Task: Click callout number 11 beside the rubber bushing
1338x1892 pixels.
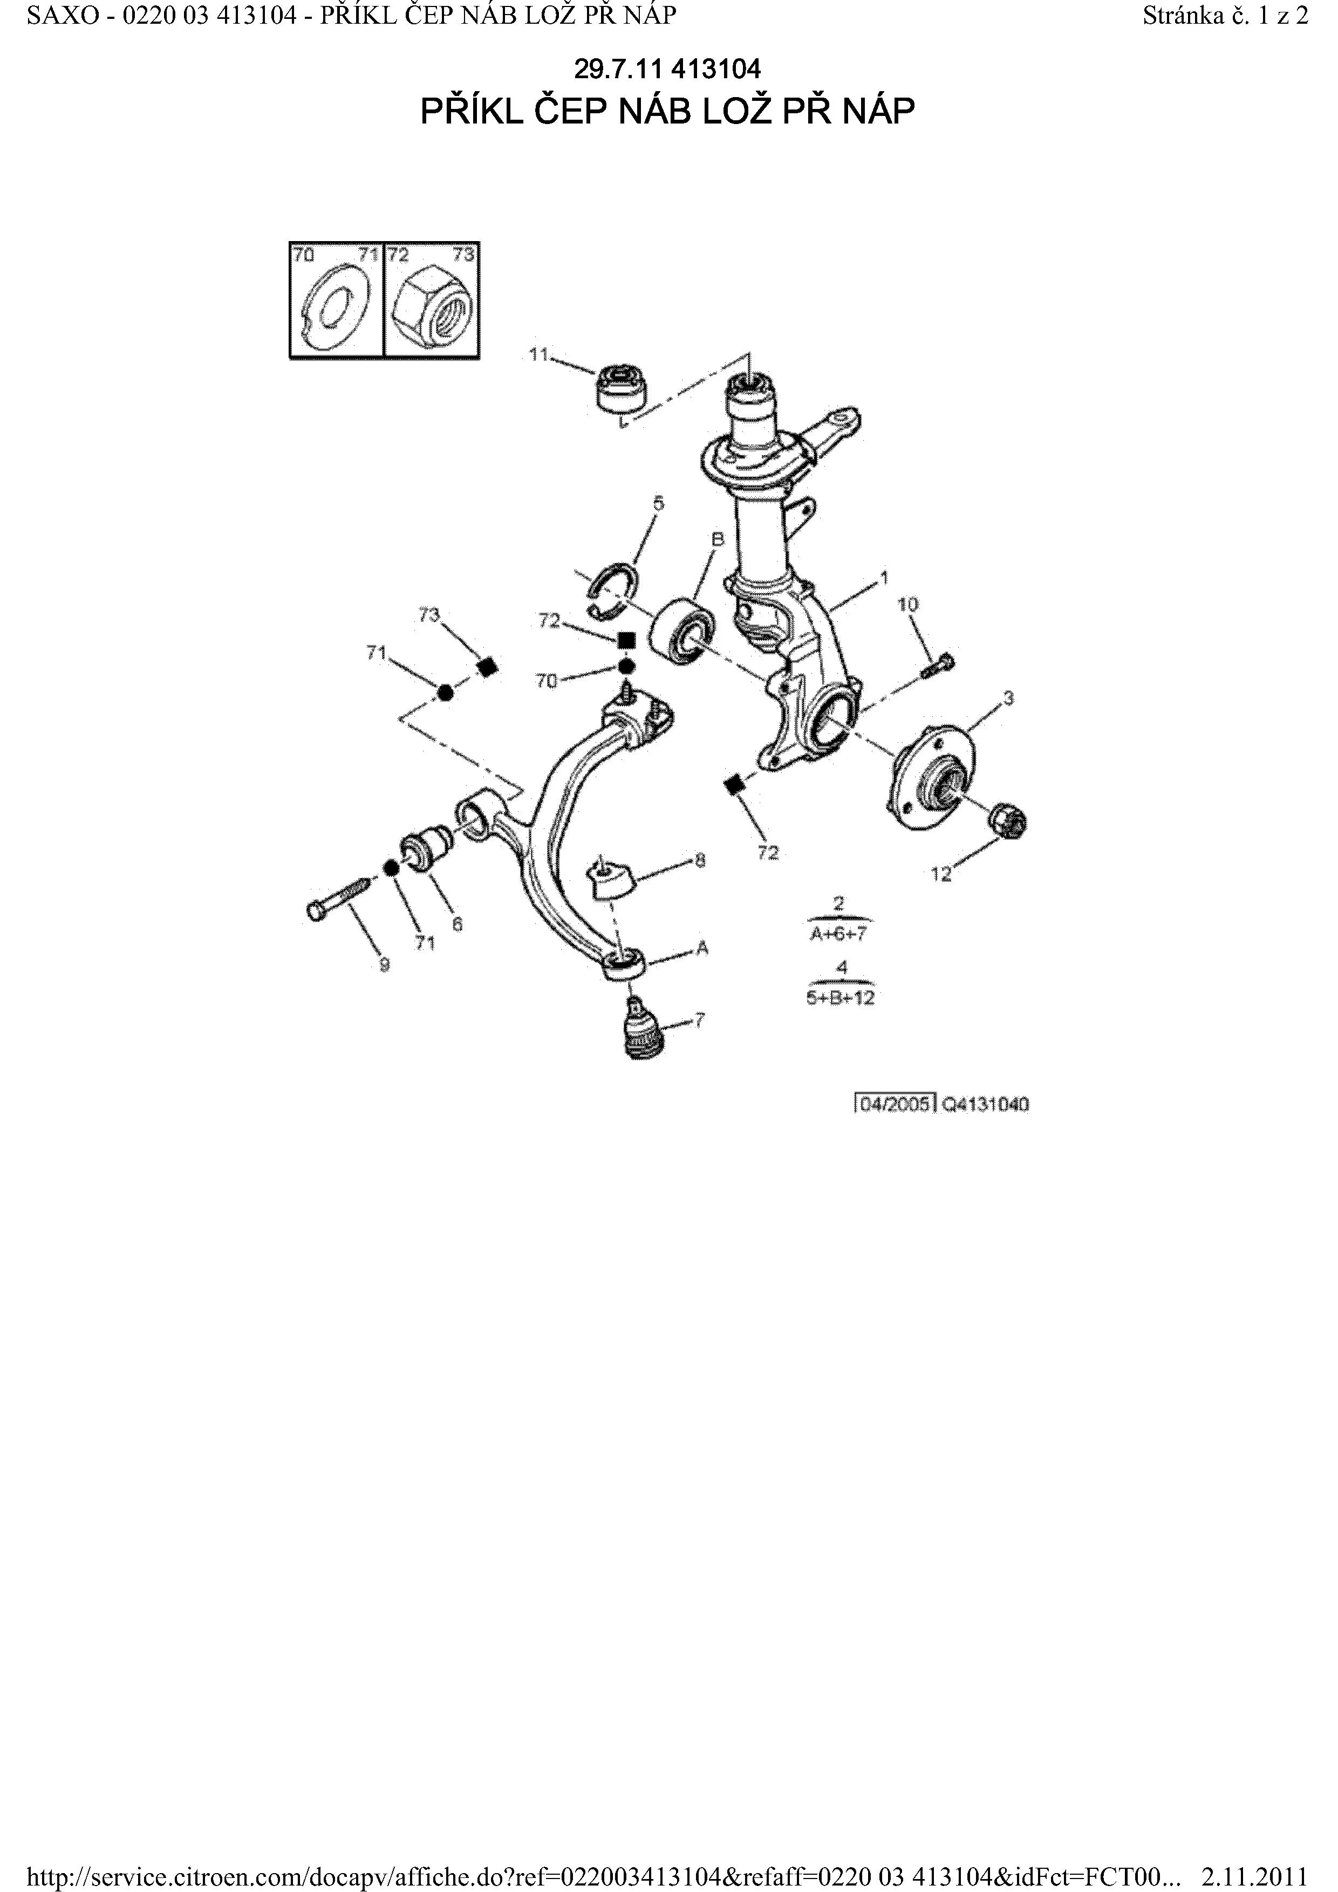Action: click(x=538, y=354)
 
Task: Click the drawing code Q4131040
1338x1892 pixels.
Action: click(x=985, y=1104)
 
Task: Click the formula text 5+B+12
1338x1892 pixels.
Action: click(x=840, y=998)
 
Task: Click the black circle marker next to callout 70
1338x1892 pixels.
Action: click(x=626, y=666)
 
